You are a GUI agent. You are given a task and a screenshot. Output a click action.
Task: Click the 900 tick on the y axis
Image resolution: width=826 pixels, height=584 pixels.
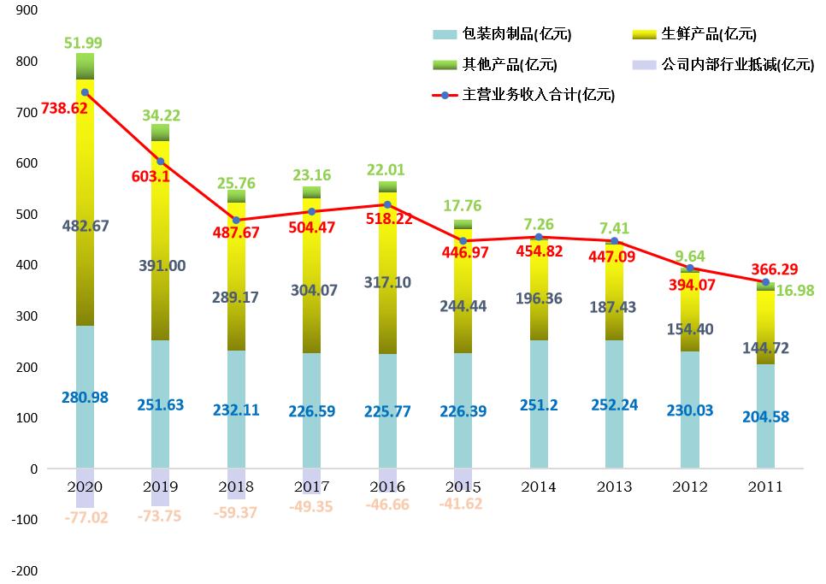point(27,11)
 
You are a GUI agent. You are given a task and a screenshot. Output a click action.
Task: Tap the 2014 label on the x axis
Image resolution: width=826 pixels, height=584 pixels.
point(539,487)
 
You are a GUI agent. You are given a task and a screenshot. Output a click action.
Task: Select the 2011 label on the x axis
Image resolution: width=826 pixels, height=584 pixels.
point(765,487)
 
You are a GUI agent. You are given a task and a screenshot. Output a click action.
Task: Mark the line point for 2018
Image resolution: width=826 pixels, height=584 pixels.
point(236,220)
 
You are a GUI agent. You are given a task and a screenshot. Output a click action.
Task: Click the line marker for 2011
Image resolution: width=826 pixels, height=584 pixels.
point(765,282)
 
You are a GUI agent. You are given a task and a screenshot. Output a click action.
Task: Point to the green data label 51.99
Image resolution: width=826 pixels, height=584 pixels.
point(85,44)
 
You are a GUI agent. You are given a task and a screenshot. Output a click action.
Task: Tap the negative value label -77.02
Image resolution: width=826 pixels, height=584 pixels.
point(85,517)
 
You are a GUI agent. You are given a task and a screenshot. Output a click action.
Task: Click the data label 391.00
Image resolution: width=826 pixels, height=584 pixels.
point(162,266)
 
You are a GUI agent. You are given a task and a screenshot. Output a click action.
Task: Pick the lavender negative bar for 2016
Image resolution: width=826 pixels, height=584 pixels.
point(387,480)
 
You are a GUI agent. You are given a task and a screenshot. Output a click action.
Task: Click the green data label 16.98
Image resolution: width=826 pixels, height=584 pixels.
point(795,291)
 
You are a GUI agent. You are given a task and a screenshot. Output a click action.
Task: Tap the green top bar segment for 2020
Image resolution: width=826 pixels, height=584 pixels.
point(85,66)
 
